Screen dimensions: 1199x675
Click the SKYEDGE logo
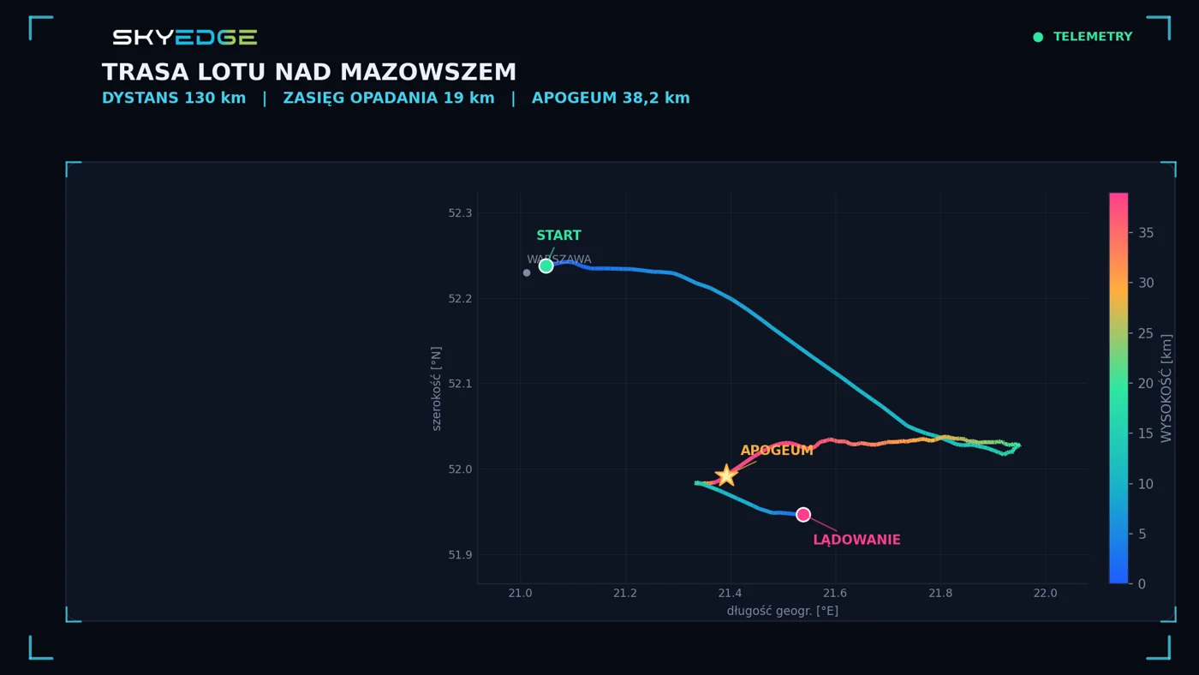[185, 37]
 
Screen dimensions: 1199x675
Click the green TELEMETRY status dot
[1038, 37]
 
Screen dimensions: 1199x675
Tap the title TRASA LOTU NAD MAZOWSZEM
[309, 72]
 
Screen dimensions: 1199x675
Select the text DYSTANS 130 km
[174, 98]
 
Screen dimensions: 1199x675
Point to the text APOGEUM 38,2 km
[611, 98]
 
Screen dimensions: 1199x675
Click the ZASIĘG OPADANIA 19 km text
[389, 98]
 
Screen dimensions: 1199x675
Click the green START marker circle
[546, 266]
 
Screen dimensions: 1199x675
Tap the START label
[558, 235]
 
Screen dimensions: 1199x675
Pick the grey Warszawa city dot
[527, 273]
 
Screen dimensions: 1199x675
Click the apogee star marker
[726, 475]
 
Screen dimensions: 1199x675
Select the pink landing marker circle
[803, 515]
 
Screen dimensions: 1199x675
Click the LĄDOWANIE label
[856, 540]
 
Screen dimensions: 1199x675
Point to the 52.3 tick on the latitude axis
[461, 213]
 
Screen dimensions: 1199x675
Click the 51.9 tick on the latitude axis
[461, 554]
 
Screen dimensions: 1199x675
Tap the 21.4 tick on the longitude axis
[730, 593]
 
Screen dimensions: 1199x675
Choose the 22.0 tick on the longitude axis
[1046, 593]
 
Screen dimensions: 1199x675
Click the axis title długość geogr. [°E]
[783, 611]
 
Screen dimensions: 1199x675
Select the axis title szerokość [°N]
[436, 389]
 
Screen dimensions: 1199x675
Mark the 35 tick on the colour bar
[1146, 233]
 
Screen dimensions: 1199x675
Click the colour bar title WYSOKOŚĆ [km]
[1166, 389]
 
